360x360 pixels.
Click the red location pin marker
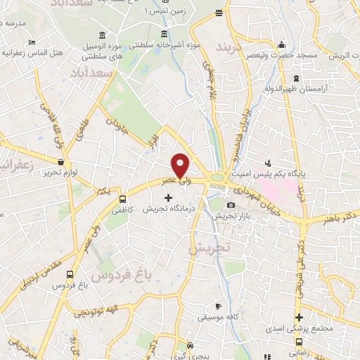pyautogui.click(x=181, y=165)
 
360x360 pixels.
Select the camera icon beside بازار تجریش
pyautogui.click(x=231, y=205)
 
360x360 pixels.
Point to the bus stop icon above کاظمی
pyautogui.click(x=124, y=198)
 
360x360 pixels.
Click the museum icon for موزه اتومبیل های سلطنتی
pyautogui.click(x=103, y=36)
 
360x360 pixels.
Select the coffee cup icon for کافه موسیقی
pyautogui.click(x=219, y=306)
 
